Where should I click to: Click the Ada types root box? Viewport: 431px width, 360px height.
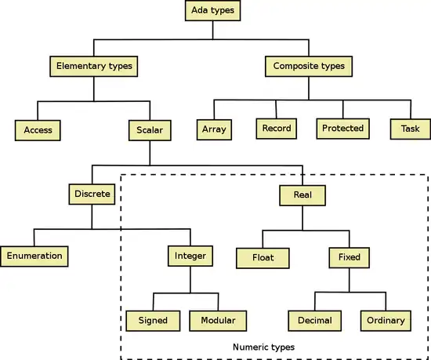click(212, 10)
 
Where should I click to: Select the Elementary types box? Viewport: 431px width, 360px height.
click(94, 67)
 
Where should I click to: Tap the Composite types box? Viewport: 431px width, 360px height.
click(309, 67)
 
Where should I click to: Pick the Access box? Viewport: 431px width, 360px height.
click(38, 130)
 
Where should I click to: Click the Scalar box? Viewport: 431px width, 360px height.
click(150, 130)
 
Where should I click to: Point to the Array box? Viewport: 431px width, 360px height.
click(214, 129)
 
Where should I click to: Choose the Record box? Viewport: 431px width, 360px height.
click(277, 129)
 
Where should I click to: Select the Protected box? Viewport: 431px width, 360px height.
click(342, 129)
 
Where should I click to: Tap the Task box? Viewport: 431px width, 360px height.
click(411, 129)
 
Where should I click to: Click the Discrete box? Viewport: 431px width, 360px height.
click(92, 195)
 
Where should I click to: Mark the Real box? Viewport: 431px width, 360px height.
click(302, 195)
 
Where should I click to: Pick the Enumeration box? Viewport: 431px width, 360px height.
click(34, 256)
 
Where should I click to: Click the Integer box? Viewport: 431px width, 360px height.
click(190, 256)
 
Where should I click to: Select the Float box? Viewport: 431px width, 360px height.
click(263, 258)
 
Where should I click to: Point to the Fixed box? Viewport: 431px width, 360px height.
click(349, 258)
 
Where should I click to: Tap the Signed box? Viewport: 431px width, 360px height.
click(153, 321)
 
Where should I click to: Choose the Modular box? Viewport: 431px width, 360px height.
click(218, 321)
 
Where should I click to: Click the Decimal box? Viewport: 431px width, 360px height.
click(315, 321)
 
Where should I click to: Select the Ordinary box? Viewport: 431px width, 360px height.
click(386, 321)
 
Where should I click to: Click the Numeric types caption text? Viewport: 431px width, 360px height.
click(263, 347)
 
